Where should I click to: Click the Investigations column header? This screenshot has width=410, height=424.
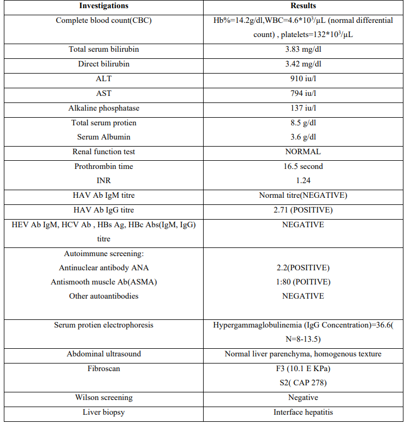(x=104, y=6)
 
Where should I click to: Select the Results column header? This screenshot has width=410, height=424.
(x=303, y=6)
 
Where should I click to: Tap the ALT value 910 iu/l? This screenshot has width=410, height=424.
(x=303, y=78)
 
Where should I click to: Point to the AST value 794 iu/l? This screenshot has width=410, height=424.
(x=303, y=93)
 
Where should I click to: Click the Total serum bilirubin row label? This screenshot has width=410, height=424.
(x=104, y=49)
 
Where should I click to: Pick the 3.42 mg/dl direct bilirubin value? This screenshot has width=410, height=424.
(x=303, y=64)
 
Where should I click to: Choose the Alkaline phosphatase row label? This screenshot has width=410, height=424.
(x=104, y=108)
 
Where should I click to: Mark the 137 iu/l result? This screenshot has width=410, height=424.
(x=303, y=108)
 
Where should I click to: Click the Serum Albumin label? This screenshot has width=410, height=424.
(x=104, y=137)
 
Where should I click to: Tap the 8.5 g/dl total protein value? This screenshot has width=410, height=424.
(x=303, y=123)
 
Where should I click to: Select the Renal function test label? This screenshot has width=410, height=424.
(x=104, y=152)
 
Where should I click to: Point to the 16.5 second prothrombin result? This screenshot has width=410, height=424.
(x=303, y=166)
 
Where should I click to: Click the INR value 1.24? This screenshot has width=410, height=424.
(x=303, y=180)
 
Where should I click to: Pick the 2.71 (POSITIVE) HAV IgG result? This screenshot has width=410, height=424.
(x=303, y=210)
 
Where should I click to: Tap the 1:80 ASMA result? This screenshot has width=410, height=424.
(x=303, y=282)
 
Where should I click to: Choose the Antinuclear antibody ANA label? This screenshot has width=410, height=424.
(x=104, y=268)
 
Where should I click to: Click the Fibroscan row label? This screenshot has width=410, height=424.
(x=104, y=368)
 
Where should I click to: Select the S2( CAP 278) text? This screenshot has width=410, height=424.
(x=303, y=383)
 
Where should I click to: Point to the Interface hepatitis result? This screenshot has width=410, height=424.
(x=303, y=412)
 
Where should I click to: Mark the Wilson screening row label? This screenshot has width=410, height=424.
(x=104, y=397)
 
